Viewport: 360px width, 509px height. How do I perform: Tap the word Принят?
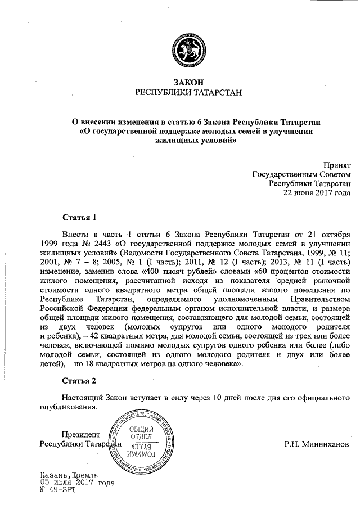[x=337, y=165]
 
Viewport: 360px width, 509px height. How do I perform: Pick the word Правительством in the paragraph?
[x=317, y=299]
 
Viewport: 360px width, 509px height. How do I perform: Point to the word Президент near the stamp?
[x=82, y=434]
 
